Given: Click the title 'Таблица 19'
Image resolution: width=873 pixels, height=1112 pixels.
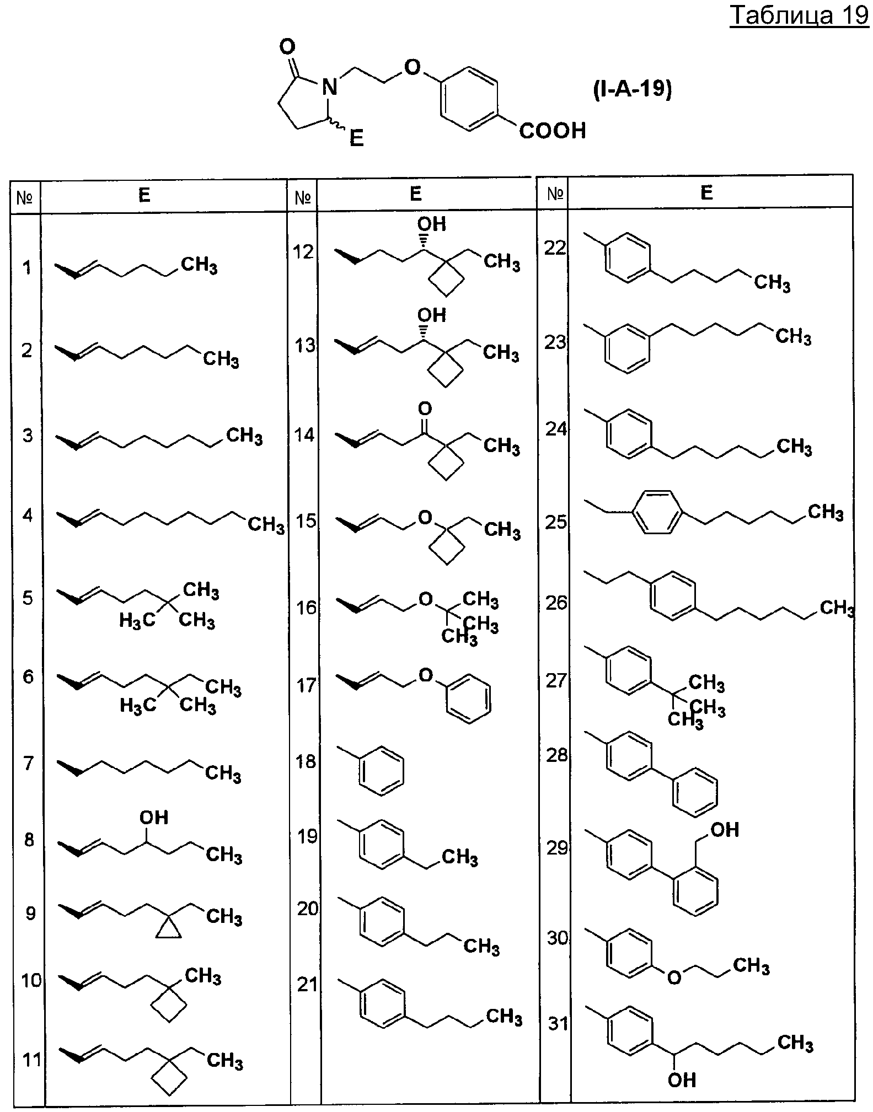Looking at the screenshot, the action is [799, 16].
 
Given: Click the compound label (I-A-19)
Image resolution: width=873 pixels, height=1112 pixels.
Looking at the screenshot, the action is [632, 89].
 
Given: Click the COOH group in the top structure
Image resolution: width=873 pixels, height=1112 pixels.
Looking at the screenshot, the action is [553, 131].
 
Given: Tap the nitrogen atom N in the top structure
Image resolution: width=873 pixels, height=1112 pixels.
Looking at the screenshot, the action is [329, 87].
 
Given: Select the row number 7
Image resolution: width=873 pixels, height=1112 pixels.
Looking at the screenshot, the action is [28, 764].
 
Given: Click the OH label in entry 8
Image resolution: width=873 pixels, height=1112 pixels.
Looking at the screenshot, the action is [154, 817].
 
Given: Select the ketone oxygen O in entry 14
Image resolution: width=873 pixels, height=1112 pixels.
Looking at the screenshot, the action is [425, 409].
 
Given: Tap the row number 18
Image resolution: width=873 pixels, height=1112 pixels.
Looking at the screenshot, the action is [307, 761].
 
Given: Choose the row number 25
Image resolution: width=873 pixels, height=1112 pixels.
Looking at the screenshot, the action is [556, 522].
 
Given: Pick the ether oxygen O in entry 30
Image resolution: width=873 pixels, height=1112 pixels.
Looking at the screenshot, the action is [674, 977].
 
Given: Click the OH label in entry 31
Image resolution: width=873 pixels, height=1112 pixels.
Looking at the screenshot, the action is [682, 1079].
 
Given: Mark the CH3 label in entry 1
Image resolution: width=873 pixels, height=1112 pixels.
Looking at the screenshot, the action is [199, 265].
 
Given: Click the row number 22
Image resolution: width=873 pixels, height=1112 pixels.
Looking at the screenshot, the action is [555, 248].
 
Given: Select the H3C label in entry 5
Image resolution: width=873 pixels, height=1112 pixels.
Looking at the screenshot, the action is [137, 621].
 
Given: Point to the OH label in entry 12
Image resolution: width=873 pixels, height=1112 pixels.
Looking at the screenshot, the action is [431, 224].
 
